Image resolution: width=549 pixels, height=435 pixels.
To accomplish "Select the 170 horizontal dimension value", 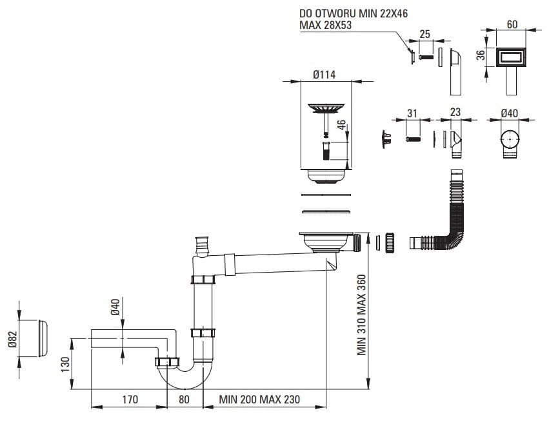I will click(x=130, y=400).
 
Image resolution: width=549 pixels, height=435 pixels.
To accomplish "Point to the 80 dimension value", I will click(x=185, y=400).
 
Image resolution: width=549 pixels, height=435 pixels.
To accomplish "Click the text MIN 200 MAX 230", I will click(x=259, y=400).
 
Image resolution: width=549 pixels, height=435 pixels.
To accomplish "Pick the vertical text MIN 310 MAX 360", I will click(x=362, y=315).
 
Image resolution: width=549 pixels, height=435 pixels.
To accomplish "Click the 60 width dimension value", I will click(x=512, y=24).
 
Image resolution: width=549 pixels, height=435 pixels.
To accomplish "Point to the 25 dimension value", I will click(x=424, y=35).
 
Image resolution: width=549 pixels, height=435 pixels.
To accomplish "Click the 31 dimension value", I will click(x=412, y=113).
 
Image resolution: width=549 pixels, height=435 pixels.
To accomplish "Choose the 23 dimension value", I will click(x=455, y=113).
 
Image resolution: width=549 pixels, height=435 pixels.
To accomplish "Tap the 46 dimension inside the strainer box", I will click(x=342, y=126).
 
